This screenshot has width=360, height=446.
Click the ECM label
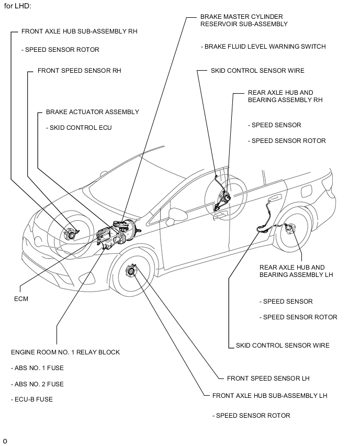tap(21, 299)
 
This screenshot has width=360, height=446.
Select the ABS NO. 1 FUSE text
tap(37, 368)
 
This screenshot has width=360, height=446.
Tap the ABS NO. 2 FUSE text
tap(37, 384)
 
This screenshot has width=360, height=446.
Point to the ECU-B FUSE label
tap(32, 399)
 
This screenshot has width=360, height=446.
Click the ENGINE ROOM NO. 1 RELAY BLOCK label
tap(65, 352)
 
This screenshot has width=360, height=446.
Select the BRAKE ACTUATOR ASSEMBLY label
tap(93, 111)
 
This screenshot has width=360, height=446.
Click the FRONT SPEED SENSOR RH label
tap(80, 70)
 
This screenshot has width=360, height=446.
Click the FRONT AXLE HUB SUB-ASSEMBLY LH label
tap(270, 395)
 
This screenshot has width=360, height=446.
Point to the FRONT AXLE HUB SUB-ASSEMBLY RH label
tap(80, 31)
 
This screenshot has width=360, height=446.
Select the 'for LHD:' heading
tap(17, 6)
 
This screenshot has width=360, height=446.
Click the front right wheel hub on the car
tap(69, 233)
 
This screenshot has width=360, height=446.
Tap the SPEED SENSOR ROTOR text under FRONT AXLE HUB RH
tap(60, 50)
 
